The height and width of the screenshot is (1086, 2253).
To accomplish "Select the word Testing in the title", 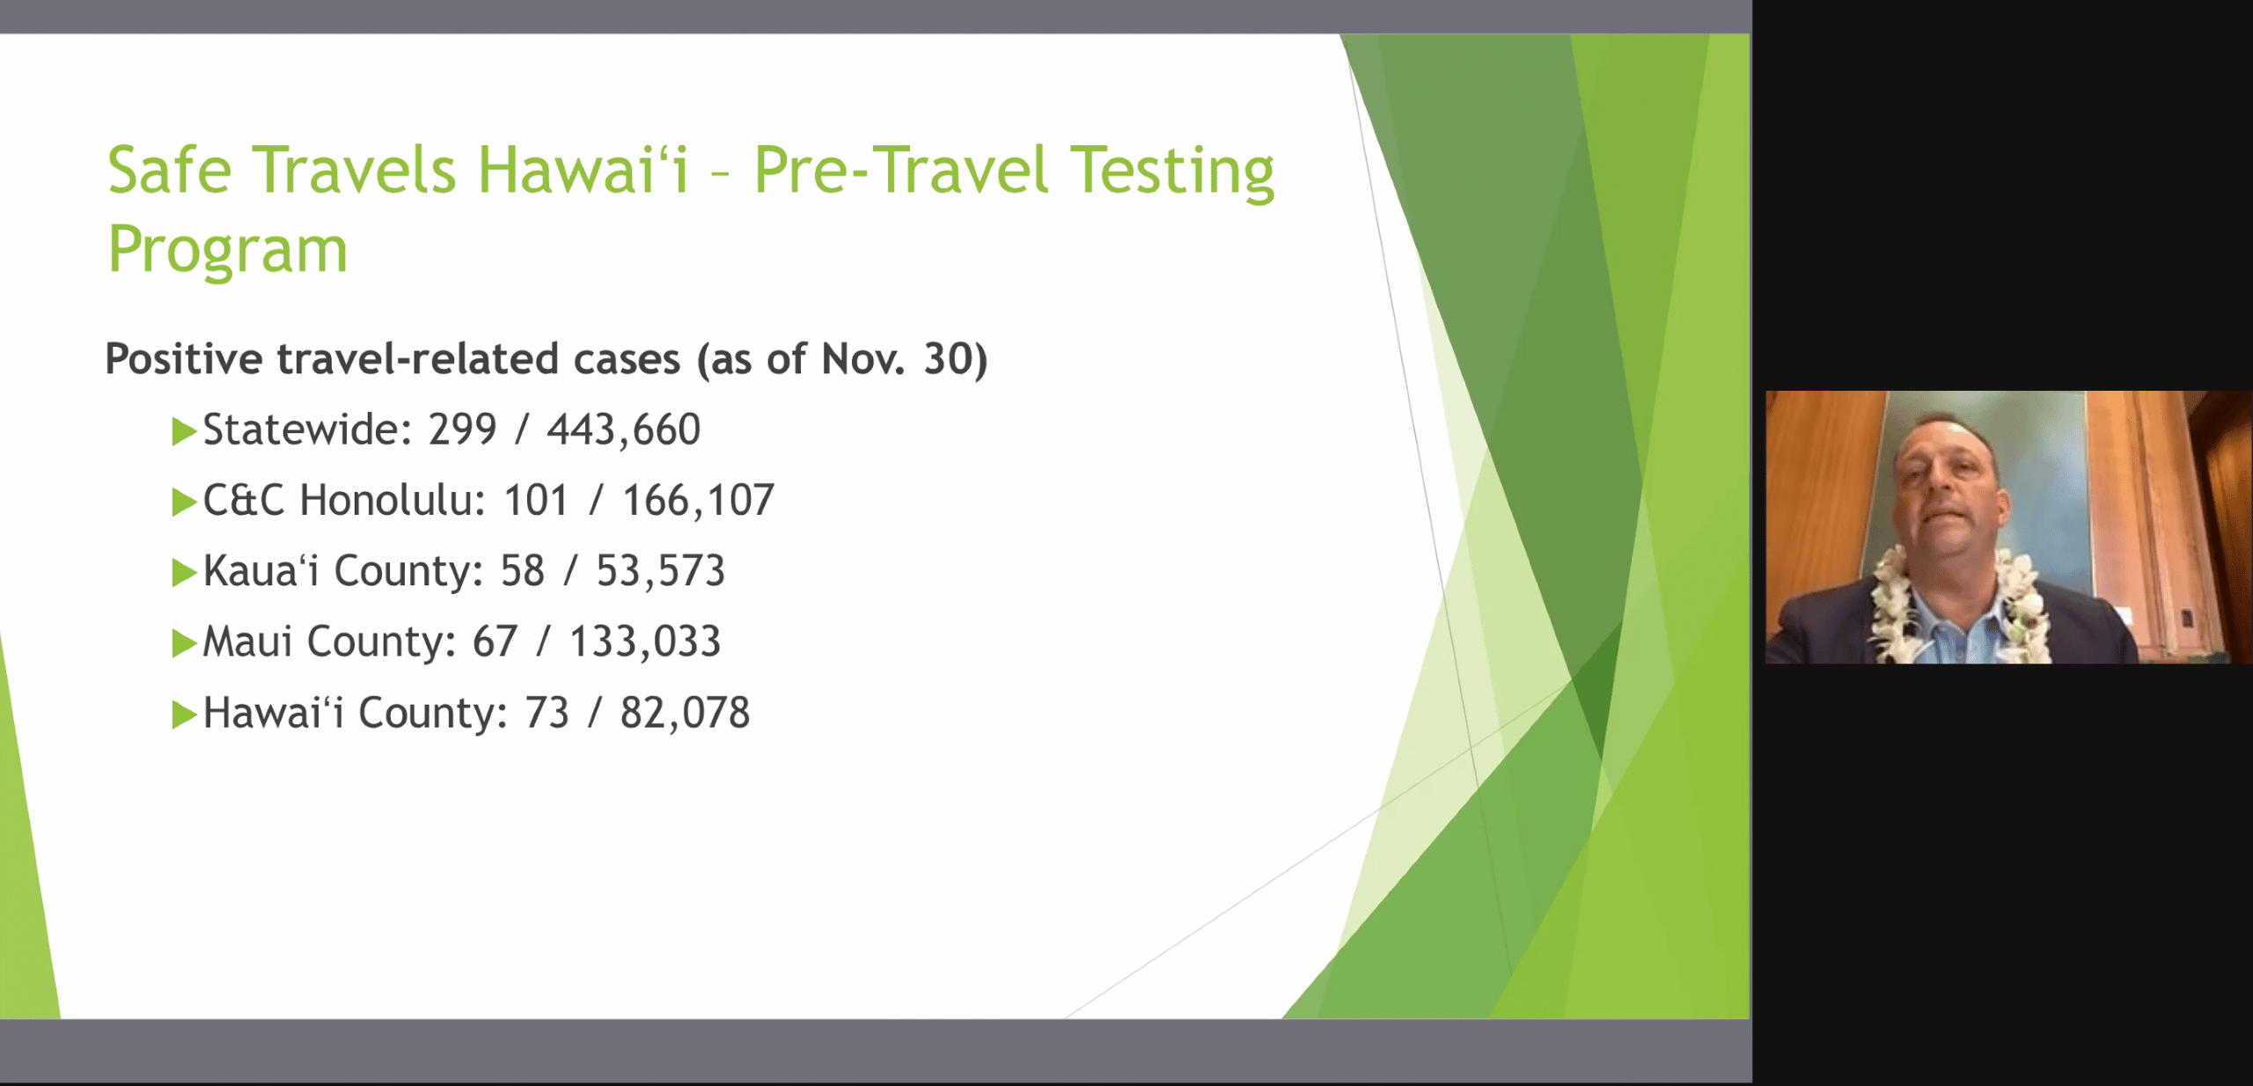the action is [x=1172, y=173].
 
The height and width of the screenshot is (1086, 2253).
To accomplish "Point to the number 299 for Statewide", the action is [x=463, y=429].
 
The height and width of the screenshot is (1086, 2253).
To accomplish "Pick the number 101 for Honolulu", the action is [x=536, y=500].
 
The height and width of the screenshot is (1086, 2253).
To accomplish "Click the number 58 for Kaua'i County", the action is [x=523, y=571].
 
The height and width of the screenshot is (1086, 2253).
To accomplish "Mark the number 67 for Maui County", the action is [x=495, y=642].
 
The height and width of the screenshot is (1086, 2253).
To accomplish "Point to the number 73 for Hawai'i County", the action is [x=547, y=713].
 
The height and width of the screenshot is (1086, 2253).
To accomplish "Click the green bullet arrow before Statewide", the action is [x=184, y=432].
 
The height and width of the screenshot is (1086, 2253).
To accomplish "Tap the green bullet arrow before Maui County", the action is [x=184, y=643].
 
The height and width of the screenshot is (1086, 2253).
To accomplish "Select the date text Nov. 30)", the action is [x=905, y=359].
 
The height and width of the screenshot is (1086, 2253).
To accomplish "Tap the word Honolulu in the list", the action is [x=393, y=500].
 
